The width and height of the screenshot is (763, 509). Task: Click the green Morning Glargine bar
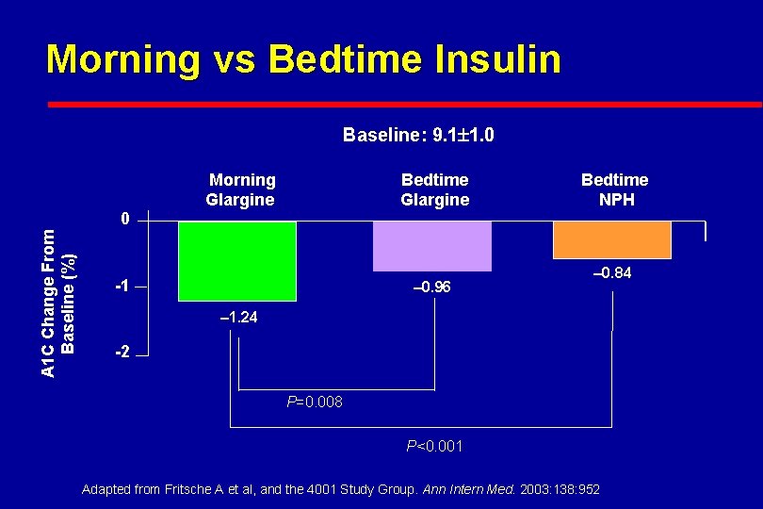(236, 261)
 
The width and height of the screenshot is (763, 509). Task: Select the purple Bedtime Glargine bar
(432, 246)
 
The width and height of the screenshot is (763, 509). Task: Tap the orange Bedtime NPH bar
(611, 239)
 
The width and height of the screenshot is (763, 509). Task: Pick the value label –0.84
(611, 273)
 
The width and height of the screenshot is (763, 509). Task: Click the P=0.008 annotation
(315, 402)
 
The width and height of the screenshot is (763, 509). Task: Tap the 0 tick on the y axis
(124, 220)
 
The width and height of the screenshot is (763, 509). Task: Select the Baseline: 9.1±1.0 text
(418, 136)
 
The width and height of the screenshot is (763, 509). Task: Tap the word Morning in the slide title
(122, 58)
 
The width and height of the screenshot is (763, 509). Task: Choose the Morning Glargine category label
(241, 189)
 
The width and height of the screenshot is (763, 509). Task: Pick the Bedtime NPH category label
(614, 189)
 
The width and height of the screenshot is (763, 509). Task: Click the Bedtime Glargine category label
(434, 189)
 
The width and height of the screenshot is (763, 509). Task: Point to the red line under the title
(405, 104)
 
